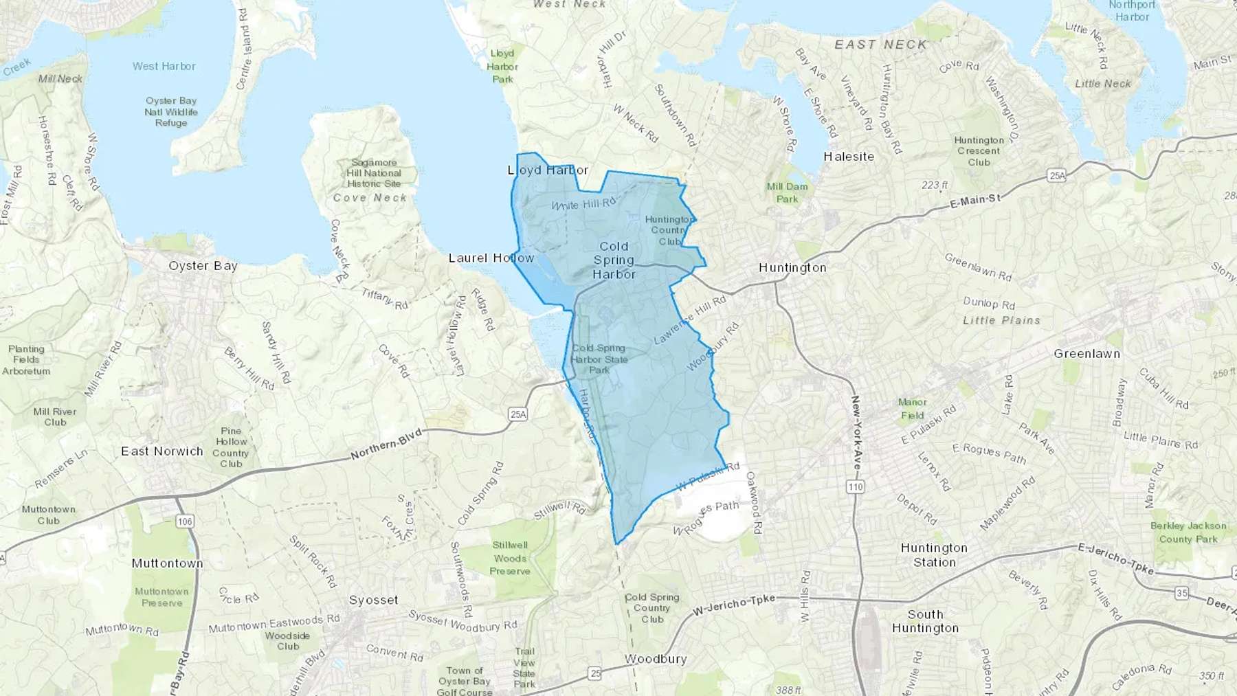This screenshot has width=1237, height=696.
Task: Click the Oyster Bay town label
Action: [203, 266]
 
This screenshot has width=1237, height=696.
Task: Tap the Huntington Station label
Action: [934, 555]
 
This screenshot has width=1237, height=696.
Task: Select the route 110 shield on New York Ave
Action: [855, 487]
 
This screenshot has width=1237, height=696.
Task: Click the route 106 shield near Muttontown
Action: [184, 521]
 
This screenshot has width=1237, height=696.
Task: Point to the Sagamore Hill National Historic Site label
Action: [373, 173]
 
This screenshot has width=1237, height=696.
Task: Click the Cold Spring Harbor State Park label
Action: [599, 359]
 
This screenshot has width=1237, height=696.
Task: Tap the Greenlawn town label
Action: [1086, 354]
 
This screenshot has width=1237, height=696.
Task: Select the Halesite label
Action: [849, 157]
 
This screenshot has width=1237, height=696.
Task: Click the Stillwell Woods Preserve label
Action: [510, 558]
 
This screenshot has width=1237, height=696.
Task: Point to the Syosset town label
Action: [373, 600]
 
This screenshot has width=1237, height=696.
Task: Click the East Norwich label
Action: [162, 451]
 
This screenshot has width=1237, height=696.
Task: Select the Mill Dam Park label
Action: [787, 192]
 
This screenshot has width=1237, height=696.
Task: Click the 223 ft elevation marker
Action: [935, 186]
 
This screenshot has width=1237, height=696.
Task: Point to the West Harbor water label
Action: [164, 67]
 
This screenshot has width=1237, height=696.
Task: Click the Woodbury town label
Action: [655, 659]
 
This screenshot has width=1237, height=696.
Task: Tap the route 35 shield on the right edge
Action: [1181, 593]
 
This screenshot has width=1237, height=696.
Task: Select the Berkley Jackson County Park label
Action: [1188, 532]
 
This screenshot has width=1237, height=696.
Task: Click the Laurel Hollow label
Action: [491, 258]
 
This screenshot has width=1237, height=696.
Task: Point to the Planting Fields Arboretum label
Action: [26, 360]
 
